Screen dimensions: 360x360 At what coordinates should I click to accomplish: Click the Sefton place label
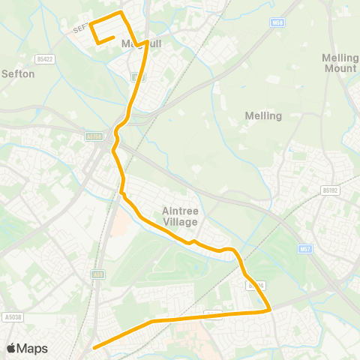19,73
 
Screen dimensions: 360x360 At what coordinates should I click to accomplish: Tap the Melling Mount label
339,63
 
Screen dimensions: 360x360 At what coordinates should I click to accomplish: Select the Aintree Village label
180,217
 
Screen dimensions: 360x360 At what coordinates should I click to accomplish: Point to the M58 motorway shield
278,24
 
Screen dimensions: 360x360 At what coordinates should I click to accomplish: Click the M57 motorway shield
304,249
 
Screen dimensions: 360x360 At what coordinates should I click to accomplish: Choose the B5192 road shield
331,190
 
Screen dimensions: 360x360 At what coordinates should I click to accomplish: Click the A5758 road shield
93,136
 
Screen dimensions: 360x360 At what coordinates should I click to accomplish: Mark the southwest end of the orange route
94,347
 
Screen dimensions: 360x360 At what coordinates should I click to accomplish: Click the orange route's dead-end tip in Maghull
112,37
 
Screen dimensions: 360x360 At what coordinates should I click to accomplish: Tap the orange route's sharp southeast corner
268,309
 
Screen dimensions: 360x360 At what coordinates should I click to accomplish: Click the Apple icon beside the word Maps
10,348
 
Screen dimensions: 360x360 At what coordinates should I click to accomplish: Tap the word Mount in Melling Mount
339,68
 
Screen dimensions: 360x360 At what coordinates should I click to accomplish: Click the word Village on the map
180,222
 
